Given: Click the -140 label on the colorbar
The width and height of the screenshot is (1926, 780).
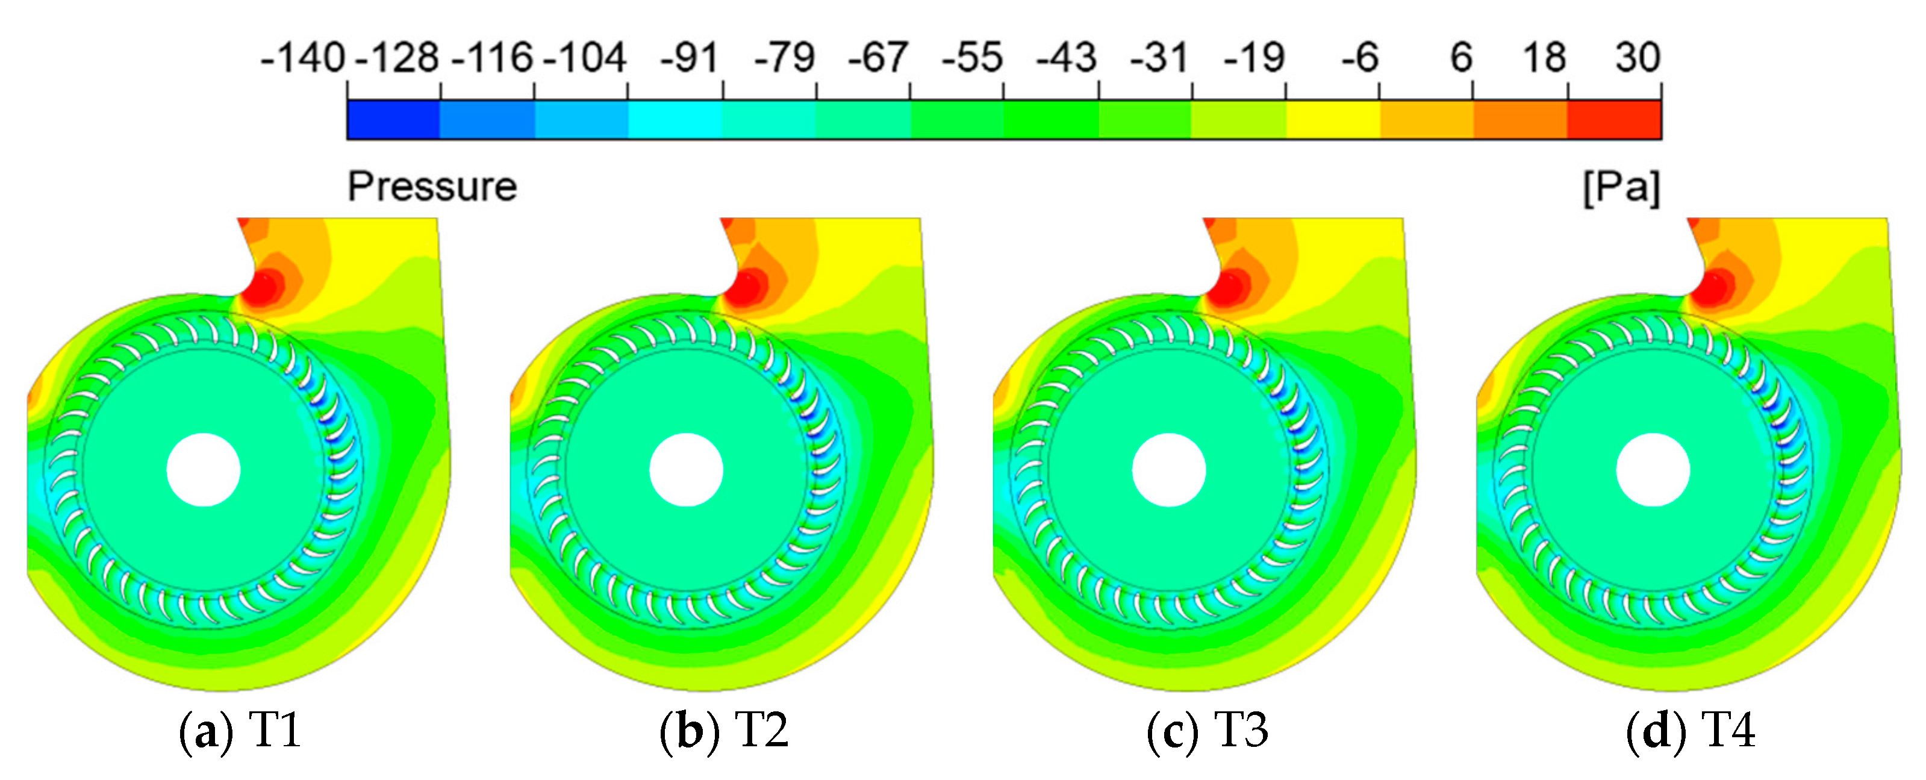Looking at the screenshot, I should click(x=302, y=58).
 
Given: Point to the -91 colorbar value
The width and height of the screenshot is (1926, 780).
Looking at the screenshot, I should click(x=688, y=58).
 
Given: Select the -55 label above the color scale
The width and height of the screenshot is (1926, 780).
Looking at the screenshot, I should click(x=971, y=58).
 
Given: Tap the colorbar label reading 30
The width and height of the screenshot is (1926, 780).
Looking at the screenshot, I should click(x=1637, y=58).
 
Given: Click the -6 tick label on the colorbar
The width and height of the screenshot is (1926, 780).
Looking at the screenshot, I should click(x=1359, y=58).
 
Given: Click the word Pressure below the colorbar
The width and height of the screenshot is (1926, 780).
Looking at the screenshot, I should click(x=432, y=187).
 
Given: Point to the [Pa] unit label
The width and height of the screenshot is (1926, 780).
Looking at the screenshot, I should click(x=1621, y=187).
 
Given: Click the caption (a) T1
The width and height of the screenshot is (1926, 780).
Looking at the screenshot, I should click(x=240, y=731).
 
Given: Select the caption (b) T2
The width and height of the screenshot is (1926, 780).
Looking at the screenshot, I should click(x=723, y=731).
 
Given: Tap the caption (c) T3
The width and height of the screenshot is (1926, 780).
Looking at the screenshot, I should click(x=1207, y=731).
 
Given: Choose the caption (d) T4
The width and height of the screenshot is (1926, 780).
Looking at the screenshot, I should click(x=1690, y=731).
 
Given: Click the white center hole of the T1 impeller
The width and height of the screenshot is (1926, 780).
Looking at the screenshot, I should click(x=204, y=470).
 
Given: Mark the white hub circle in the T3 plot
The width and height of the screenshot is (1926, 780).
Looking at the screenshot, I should click(x=1168, y=470).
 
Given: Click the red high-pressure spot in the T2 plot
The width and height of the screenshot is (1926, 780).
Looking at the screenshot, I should click(x=747, y=287).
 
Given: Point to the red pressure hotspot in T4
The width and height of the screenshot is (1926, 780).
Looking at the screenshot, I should click(x=1713, y=287).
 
